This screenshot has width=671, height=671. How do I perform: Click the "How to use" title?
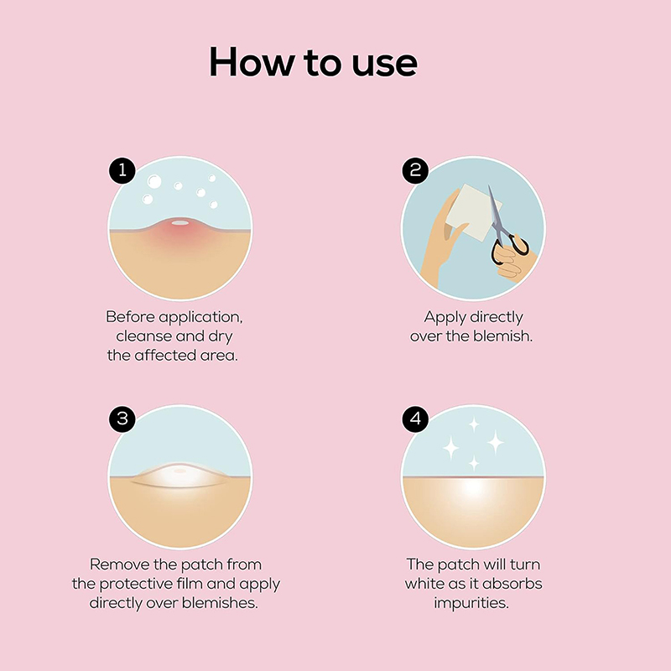313,62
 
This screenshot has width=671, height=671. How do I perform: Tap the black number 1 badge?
122,171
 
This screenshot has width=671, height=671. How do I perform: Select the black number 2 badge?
415,171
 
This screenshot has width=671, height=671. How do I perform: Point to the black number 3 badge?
122,419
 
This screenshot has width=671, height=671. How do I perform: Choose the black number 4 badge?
415,419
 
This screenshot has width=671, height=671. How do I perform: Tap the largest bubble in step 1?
154,181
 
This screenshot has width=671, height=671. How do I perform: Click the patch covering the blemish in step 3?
179,475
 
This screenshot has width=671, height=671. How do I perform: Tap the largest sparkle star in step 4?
496,442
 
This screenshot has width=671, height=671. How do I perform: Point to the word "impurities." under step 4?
471,604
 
